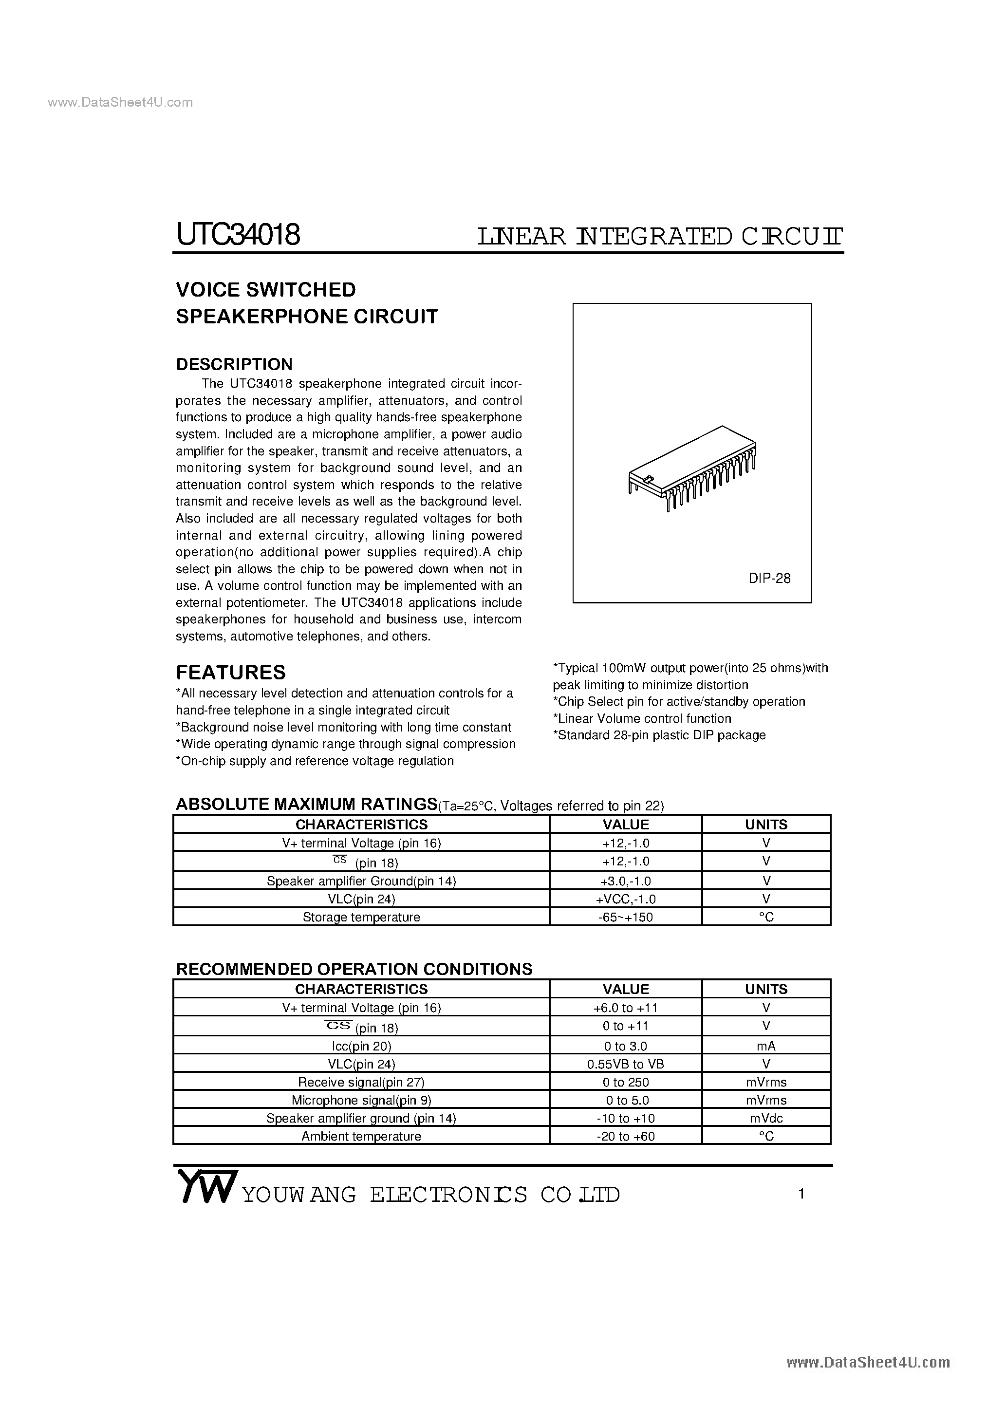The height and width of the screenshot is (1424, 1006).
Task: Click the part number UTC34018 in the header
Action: click(238, 235)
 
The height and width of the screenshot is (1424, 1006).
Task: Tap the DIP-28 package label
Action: click(769, 578)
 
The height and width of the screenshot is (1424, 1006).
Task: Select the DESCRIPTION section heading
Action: click(234, 364)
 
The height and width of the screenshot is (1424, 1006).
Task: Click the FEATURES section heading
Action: click(231, 672)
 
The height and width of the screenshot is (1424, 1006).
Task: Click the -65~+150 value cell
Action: click(625, 918)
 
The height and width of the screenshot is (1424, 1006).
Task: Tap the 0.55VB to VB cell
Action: click(625, 1064)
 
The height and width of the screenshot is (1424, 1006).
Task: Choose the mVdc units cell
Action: click(766, 1118)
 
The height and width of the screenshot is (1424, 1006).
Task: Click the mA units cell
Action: click(766, 1046)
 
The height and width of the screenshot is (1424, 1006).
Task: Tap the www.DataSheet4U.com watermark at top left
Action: click(120, 102)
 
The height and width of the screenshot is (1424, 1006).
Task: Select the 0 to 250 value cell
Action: click(625, 1082)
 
